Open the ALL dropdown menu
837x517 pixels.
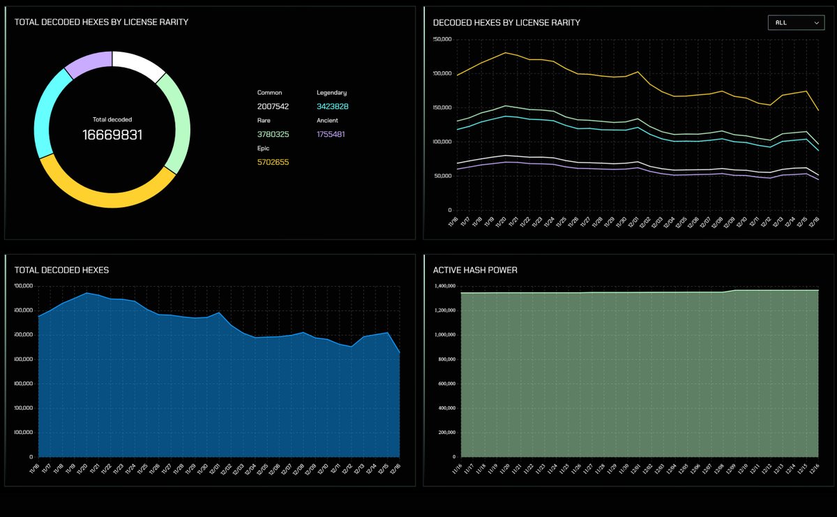tap(795, 22)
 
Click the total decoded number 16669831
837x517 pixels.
tap(112, 135)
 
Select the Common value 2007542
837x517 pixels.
tap(273, 107)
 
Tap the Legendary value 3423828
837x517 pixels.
tap(332, 107)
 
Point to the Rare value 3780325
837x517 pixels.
tap(273, 134)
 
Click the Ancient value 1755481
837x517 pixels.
tap(331, 134)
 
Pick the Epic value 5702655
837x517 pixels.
tap(273, 162)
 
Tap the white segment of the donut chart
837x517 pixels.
tap(138, 63)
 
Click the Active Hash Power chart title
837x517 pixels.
tap(475, 270)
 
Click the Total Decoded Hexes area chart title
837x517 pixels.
tap(61, 270)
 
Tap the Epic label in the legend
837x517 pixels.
tap(263, 148)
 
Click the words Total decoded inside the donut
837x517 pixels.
tap(112, 119)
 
